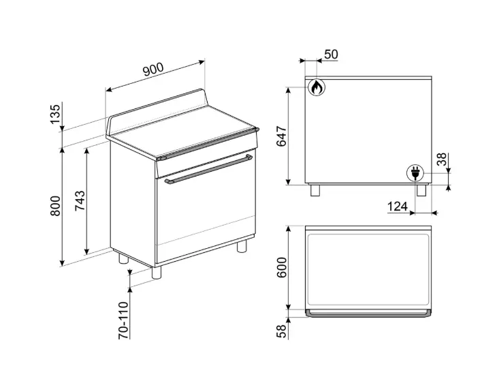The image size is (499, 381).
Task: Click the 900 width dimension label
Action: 153,69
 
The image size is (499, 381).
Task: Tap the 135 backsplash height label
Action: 54,114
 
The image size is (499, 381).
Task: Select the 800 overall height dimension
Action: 54,206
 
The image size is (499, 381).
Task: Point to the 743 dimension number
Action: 80,200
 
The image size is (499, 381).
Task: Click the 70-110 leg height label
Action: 123,320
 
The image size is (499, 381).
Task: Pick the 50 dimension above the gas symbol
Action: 331,55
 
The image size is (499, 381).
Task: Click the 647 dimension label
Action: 281,136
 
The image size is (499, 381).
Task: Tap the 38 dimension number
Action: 442,159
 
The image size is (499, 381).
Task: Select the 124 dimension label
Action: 398,207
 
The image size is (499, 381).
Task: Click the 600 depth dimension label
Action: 281,267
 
